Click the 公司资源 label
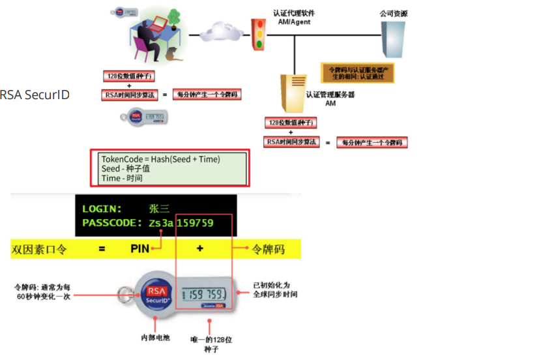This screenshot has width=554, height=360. tap(394, 13)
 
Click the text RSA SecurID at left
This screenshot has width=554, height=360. tap(35, 95)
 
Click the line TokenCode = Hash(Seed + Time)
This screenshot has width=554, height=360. tap(160, 159)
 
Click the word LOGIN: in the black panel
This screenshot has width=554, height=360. tap(102, 209)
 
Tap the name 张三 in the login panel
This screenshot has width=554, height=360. tap(159, 209)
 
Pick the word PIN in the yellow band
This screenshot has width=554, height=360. tap(140, 248)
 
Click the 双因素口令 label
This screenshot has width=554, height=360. tap(39, 248)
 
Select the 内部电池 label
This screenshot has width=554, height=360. tap(154, 338)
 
